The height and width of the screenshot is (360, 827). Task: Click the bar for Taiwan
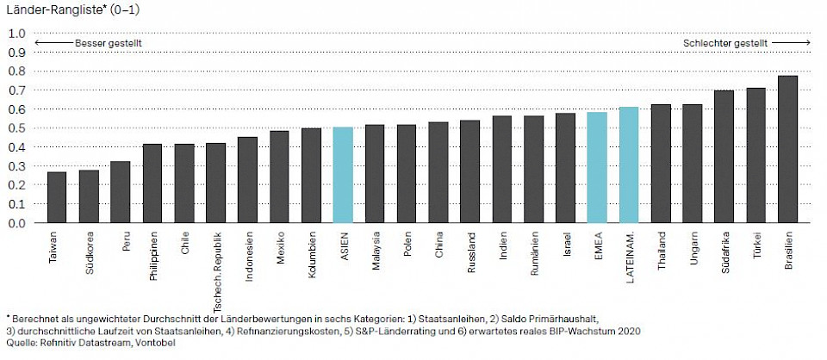57,197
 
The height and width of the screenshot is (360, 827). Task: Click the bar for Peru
121,192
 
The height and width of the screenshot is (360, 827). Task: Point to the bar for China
438,172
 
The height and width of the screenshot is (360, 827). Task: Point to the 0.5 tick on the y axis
16,128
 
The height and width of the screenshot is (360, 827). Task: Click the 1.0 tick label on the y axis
16,34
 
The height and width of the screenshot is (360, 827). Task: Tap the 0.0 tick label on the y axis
16,223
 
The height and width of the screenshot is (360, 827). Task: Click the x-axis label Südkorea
90,250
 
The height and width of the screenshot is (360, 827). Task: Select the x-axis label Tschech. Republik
216,261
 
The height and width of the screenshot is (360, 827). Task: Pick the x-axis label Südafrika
724,251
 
